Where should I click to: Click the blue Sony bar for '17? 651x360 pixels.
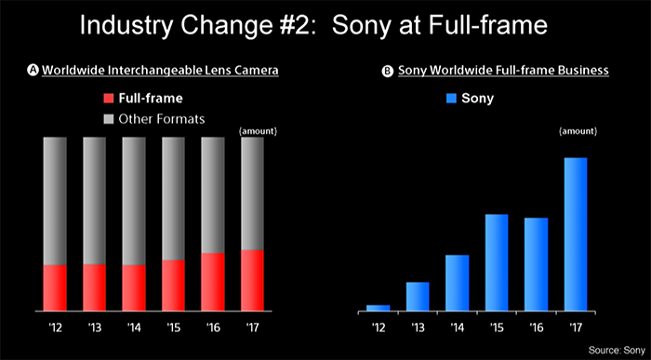576,233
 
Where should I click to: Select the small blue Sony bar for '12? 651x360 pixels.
378,307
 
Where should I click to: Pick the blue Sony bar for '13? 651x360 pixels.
418,296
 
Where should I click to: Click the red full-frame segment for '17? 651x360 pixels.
252,280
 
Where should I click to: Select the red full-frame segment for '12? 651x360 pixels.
55,287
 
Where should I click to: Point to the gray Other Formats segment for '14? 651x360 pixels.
134,201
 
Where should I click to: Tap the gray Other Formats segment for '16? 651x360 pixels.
213,194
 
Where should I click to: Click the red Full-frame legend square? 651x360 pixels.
109,97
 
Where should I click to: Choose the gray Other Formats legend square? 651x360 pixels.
109,118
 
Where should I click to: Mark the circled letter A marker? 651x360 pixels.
33,71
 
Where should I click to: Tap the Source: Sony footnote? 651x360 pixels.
615,349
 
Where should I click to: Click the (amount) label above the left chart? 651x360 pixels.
258,129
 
